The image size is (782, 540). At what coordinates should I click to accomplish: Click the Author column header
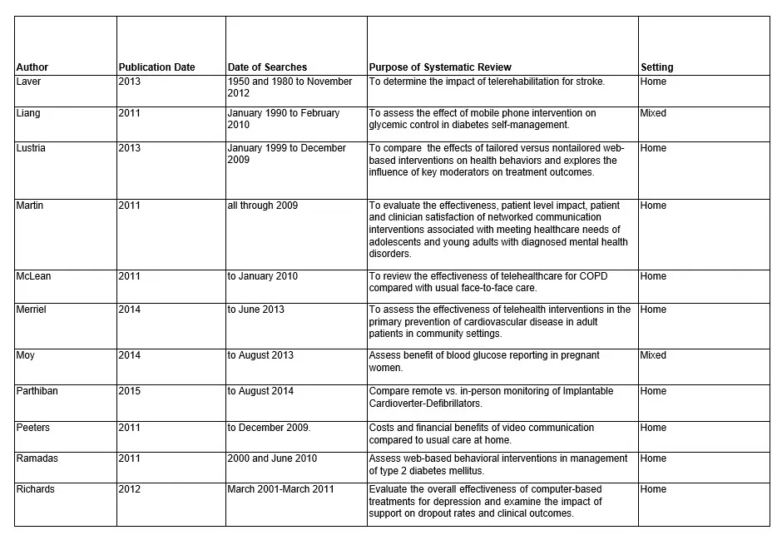point(32,67)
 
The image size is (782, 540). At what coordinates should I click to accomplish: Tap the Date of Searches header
point(267,67)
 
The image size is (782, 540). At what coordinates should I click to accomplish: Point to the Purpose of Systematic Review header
point(440,67)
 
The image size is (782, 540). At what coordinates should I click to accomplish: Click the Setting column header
point(657,67)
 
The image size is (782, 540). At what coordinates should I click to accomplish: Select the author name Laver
point(28,82)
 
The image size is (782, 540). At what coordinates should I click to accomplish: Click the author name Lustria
point(31,148)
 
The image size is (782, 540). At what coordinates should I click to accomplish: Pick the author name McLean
point(33,276)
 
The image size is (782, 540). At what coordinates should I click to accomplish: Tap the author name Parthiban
point(37,391)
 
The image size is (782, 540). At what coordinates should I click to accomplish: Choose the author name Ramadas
point(36,458)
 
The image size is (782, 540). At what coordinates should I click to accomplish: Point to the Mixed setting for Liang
point(653,113)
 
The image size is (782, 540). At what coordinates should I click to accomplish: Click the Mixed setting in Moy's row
point(653,355)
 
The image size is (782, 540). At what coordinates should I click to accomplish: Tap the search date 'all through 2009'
point(262,206)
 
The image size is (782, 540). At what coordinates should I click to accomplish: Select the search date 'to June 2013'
point(255,310)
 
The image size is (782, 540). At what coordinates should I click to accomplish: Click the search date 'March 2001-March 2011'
point(280,489)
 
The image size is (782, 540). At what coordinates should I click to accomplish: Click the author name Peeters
point(33,428)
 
